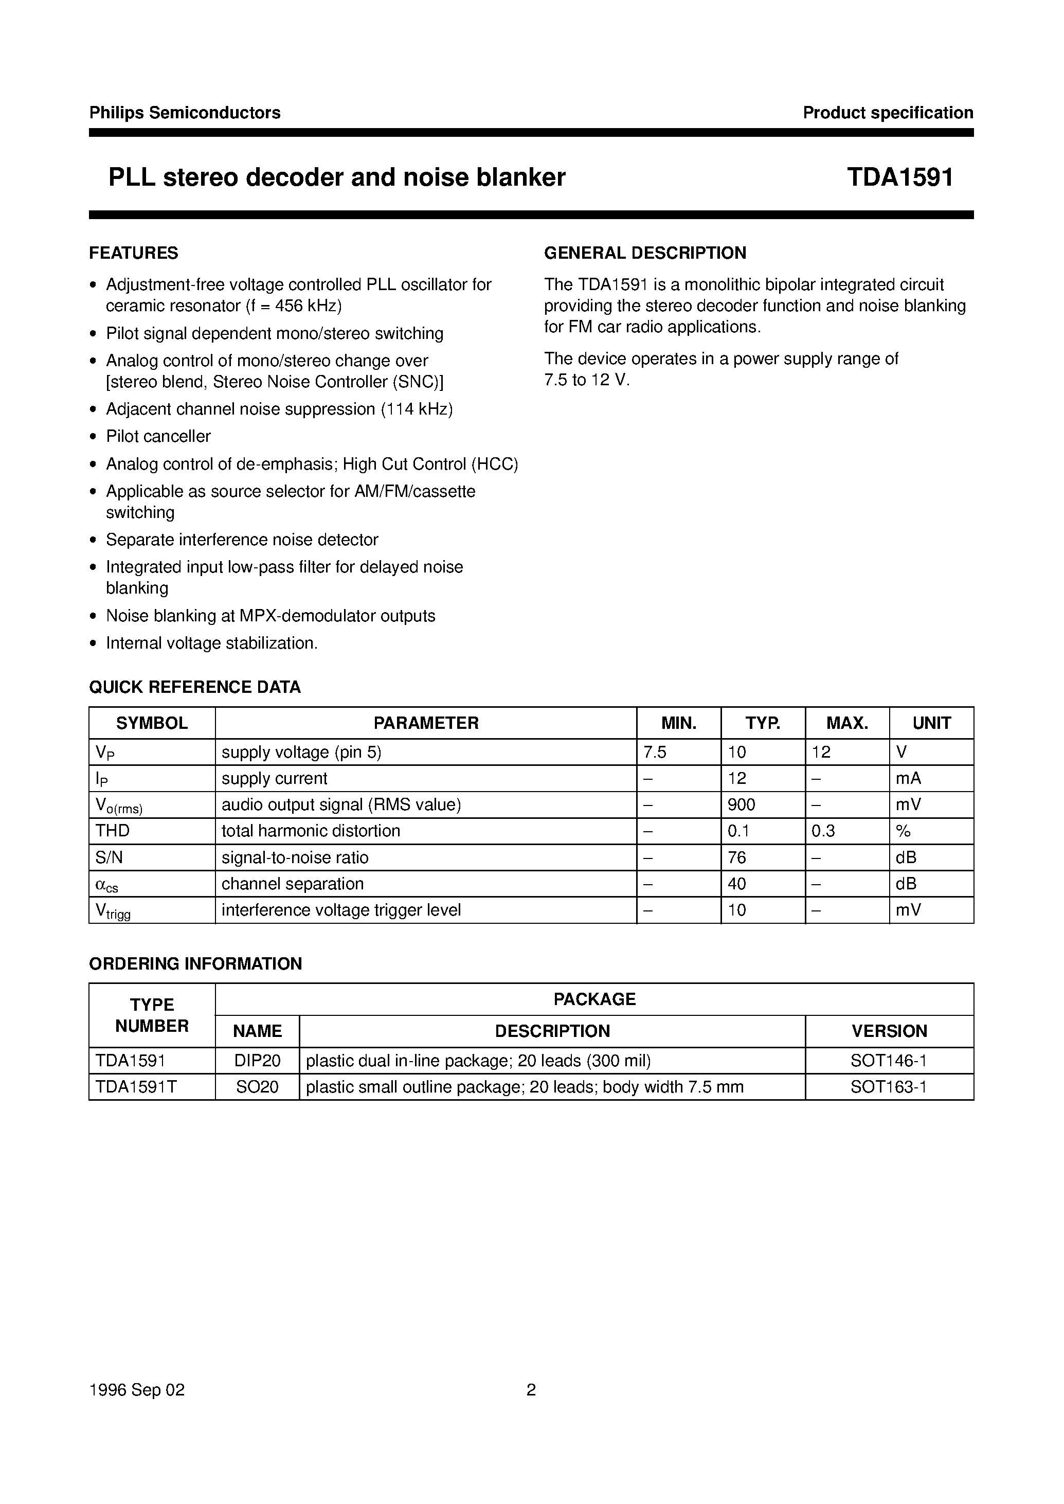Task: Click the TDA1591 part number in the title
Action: [x=899, y=177]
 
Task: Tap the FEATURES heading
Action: [x=134, y=253]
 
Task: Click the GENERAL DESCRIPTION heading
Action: [x=645, y=253]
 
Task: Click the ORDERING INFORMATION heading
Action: [x=195, y=963]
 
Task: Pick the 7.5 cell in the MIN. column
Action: [x=655, y=753]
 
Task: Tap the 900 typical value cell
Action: [x=742, y=805]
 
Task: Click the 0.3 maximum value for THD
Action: [x=823, y=831]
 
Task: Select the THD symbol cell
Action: [x=113, y=831]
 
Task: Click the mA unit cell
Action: [x=908, y=779]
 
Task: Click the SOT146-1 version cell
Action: [x=889, y=1060]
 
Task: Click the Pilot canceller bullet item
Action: [x=158, y=437]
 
